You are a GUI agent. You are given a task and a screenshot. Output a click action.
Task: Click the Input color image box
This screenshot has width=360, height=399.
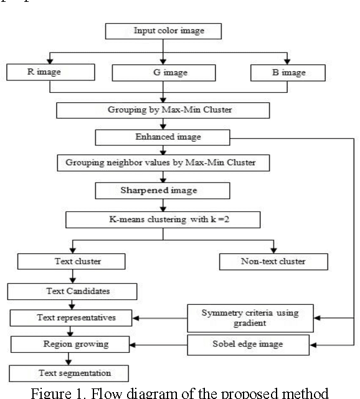tap(163, 31)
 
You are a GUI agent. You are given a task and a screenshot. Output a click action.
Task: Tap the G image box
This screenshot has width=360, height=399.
tap(163, 73)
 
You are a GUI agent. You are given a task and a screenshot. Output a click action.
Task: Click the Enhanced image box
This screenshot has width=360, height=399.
tap(164, 136)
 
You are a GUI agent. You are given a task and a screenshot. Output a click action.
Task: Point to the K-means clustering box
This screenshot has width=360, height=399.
tap(163, 220)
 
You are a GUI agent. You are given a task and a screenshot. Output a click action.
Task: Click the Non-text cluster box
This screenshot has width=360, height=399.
tap(274, 262)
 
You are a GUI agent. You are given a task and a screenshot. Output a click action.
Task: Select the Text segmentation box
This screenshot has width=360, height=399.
tap(69, 373)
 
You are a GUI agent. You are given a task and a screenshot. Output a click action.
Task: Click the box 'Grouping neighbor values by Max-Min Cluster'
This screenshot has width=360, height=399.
tap(163, 163)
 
